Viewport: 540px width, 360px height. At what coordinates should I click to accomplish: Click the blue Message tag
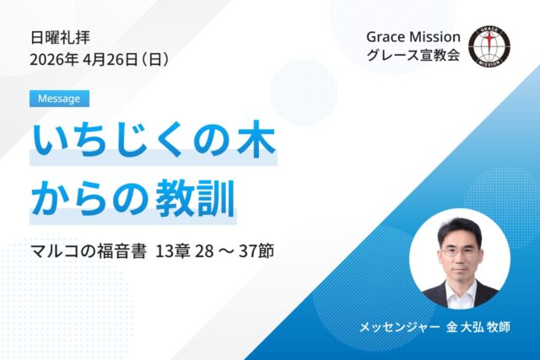point(59,99)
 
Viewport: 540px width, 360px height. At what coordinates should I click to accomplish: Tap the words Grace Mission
point(413,37)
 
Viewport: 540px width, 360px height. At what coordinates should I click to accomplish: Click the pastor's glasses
point(458,250)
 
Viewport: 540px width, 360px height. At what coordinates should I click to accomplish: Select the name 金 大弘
point(467,325)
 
